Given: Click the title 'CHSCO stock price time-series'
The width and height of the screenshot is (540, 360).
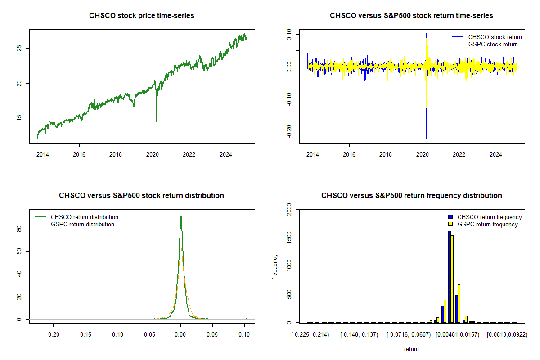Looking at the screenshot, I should pyautogui.click(x=142, y=16).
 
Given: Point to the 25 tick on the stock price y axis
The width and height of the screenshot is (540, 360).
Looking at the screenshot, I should pyautogui.click(x=18, y=48).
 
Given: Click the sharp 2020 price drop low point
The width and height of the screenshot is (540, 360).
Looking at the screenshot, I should pyautogui.click(x=156, y=121).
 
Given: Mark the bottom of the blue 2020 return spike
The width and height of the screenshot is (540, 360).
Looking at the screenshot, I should pyautogui.click(x=426, y=139).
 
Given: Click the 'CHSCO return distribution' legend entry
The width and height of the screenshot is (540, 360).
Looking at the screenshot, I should pyautogui.click(x=84, y=217).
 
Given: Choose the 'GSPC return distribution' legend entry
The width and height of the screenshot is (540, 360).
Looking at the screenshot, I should pyautogui.click(x=82, y=224).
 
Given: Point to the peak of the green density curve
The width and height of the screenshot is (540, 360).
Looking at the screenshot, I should pyautogui.click(x=181, y=216).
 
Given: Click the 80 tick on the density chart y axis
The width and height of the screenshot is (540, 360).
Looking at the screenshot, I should pyautogui.click(x=18, y=229).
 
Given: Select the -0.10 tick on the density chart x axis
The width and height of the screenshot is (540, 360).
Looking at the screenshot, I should pyautogui.click(x=117, y=335).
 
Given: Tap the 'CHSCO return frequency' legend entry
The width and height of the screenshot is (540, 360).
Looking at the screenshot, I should pyautogui.click(x=490, y=217).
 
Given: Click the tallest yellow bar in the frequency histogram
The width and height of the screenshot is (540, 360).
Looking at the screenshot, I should pyautogui.click(x=452, y=279).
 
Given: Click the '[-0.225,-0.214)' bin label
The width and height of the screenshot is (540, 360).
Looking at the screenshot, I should pyautogui.click(x=310, y=335).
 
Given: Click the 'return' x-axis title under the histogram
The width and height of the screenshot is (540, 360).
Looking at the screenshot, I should pyautogui.click(x=411, y=349).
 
